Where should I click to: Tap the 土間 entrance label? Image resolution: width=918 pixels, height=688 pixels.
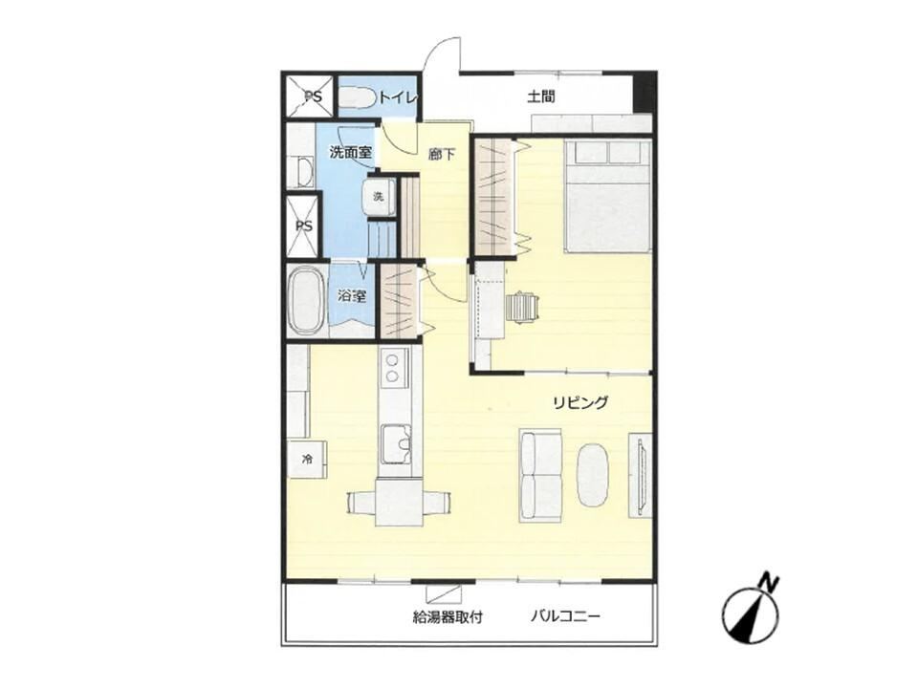(541, 97)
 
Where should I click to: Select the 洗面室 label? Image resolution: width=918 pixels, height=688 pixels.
(351, 153)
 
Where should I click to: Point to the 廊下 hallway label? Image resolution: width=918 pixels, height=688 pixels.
(442, 155)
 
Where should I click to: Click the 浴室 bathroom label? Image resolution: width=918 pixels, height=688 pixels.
(352, 296)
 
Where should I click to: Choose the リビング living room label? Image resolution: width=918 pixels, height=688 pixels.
(580, 402)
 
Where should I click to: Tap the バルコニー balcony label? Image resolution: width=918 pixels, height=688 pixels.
(566, 616)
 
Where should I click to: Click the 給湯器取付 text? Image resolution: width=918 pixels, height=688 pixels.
(448, 616)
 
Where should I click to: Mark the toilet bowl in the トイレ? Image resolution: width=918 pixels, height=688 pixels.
(357, 97)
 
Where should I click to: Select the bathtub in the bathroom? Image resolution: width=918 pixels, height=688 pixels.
(306, 300)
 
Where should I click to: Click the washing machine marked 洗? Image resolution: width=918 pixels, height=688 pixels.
(380, 197)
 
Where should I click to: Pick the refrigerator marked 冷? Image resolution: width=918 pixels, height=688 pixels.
(307, 460)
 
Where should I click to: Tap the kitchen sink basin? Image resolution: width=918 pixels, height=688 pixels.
(396, 442)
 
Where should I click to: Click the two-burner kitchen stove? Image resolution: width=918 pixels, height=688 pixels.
(393, 369)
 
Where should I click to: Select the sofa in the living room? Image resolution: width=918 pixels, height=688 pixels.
(541, 476)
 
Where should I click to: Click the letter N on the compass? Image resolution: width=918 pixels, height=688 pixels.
(768, 582)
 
